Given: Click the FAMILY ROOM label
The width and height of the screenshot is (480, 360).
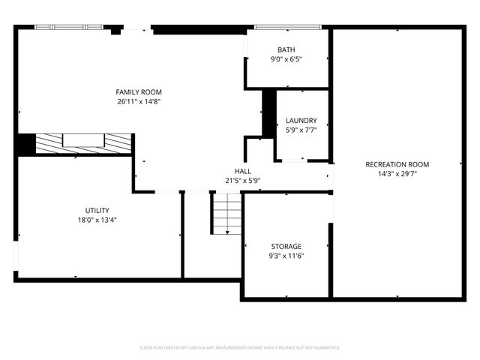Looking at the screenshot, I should pos(139,92).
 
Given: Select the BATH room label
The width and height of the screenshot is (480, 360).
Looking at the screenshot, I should pos(286,49).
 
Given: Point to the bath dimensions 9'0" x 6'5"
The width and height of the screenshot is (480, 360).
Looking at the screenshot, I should pos(286,59).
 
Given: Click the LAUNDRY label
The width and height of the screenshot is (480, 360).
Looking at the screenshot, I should pos(301,120).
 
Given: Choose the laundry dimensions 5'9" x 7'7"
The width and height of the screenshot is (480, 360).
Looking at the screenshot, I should pos(301,129).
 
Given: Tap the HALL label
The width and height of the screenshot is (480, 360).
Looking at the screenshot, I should pos(242,171).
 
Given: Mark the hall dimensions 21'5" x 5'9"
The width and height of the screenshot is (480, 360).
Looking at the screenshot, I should pos(242,180).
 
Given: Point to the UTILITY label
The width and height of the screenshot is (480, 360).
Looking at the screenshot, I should pos(97,210).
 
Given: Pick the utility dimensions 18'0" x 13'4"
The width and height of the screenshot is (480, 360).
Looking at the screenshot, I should pos(97,220).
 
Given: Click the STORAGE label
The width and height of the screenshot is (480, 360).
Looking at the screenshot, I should pos(286,246).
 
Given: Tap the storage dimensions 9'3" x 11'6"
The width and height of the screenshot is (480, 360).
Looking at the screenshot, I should pos(286,256).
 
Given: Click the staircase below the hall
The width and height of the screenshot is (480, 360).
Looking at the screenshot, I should pos(226,213).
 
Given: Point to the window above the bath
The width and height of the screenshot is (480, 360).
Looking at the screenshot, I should pos(288,28).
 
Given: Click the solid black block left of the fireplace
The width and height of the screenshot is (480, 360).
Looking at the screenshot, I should pos(26,143).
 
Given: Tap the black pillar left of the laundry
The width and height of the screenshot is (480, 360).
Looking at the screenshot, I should pos(268,112).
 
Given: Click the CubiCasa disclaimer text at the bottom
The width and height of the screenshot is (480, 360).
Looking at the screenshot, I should pos(240,348).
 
